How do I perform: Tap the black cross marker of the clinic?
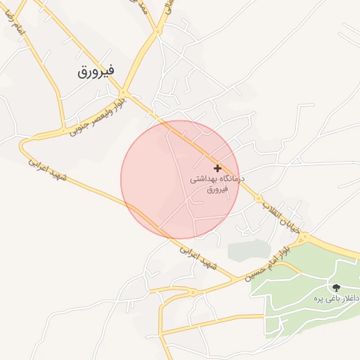tap(217, 168)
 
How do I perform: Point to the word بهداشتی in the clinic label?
tap(203, 179)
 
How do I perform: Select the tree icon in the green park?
tap(335, 287)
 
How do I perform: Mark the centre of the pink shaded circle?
tap(180, 179)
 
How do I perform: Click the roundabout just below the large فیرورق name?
tap(123, 92)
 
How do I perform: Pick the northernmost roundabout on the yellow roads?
tap(159, 31)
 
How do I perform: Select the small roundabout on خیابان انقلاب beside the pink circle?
tap(259, 199)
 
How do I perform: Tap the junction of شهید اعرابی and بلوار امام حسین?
tap(236, 281)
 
